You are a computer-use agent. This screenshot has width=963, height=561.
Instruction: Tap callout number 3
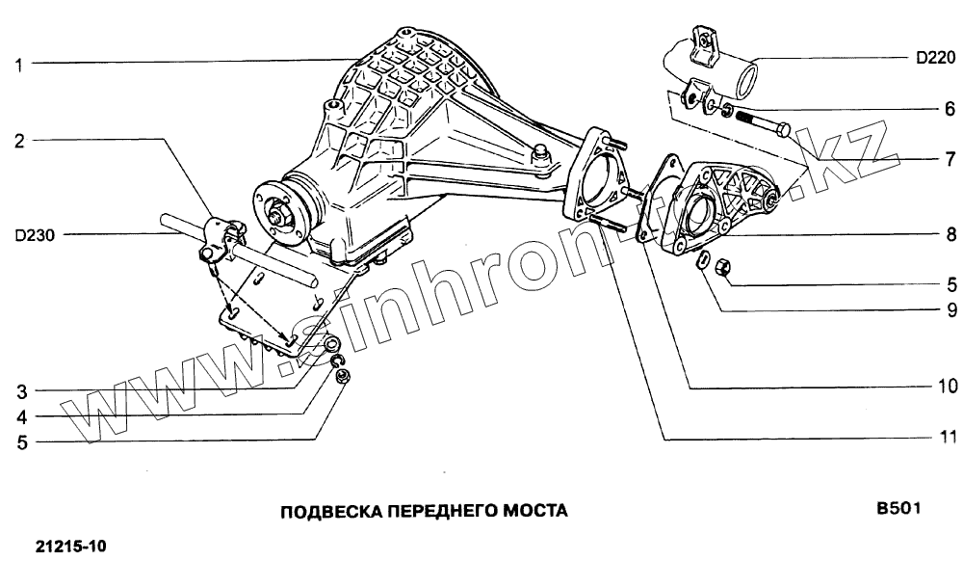point(18,391)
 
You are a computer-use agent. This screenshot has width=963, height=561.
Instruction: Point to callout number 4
point(18,417)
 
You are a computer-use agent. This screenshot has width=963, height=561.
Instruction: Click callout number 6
point(949,109)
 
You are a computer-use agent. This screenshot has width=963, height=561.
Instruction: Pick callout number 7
point(949,158)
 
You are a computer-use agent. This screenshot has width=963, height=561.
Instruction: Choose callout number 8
point(949,234)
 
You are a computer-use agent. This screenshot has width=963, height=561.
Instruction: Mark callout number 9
point(949,310)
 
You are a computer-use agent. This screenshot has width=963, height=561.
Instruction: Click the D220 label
point(934,58)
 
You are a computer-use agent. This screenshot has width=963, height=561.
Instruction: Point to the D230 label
point(36,233)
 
